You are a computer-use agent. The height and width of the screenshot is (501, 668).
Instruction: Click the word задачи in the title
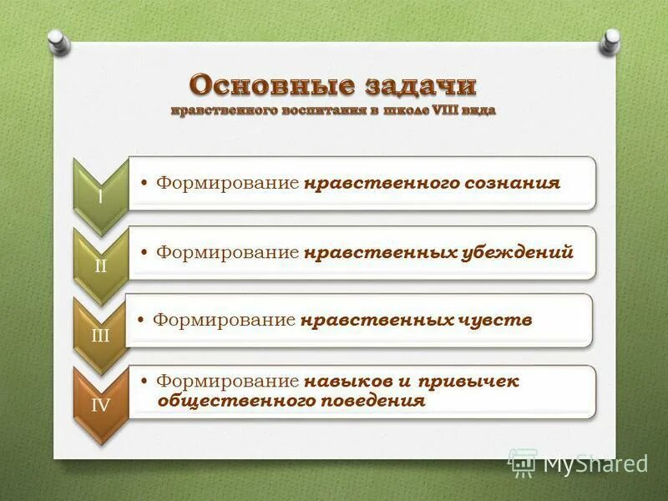click(421, 85)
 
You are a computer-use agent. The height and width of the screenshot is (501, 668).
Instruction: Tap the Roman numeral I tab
click(100, 197)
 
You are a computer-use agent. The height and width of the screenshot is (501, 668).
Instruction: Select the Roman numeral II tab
click(100, 266)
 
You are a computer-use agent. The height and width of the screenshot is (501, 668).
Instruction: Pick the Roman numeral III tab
click(100, 334)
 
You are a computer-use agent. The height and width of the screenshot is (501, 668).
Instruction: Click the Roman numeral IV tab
click(100, 406)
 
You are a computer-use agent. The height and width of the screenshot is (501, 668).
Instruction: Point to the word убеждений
click(517, 252)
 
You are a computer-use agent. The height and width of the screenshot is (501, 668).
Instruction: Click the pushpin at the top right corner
click(612, 38)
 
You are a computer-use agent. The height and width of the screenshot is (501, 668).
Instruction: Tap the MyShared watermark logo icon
click(523, 463)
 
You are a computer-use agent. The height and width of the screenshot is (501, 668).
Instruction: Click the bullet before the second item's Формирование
click(147, 252)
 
